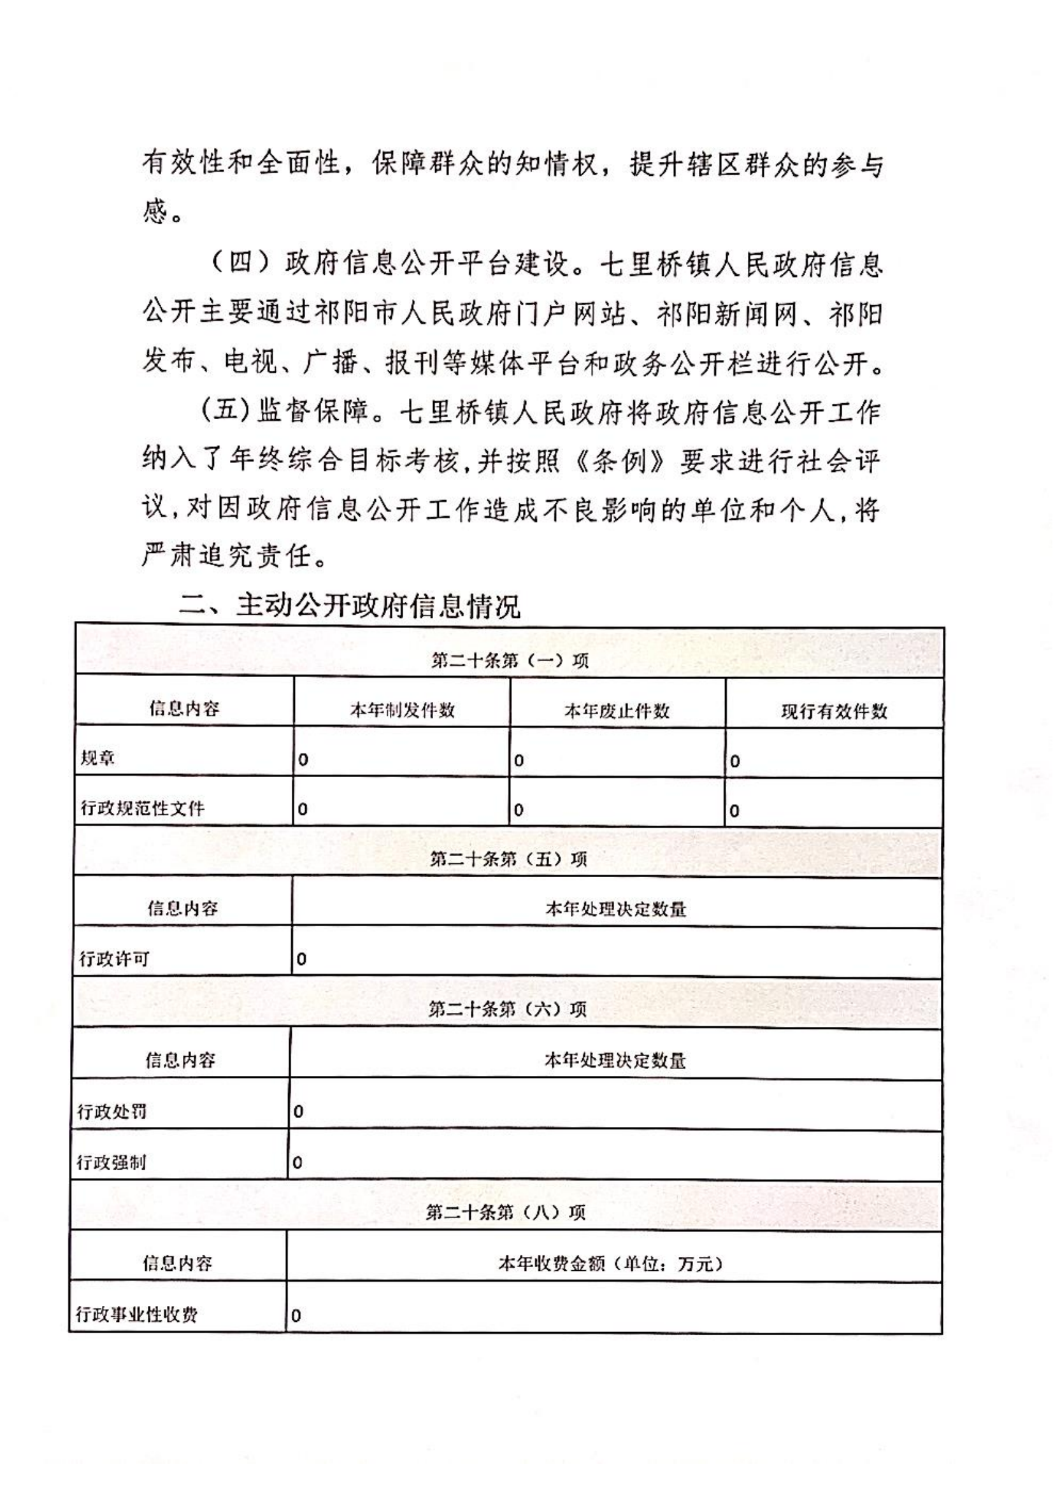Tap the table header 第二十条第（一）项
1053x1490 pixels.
coord(510,660)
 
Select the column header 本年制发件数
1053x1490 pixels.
coord(402,710)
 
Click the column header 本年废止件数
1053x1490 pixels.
coord(617,712)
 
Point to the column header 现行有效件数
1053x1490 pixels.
coord(834,712)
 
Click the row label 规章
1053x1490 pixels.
coord(98,758)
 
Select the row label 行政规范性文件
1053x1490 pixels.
coord(142,808)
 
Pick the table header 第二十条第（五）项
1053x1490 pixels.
coord(508,859)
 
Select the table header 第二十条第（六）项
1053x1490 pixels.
coord(507,1009)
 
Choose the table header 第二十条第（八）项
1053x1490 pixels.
coord(505,1212)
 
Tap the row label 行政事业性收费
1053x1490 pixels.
coord(136,1314)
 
